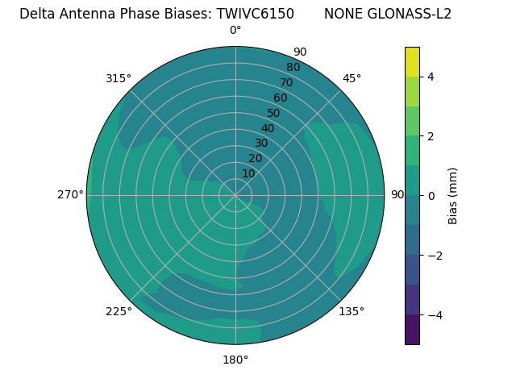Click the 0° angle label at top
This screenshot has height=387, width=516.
[235, 31]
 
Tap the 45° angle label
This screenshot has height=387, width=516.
[352, 78]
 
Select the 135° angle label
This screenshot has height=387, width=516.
[352, 311]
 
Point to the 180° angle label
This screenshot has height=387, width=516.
[235, 360]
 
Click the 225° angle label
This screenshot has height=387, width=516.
[119, 311]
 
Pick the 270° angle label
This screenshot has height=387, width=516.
[70, 194]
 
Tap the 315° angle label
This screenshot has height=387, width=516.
[119, 78]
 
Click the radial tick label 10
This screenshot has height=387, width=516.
[248, 173]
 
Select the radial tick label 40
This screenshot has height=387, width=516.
[268, 129]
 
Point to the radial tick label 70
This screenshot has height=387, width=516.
[286, 82]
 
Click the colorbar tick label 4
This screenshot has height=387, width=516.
[431, 77]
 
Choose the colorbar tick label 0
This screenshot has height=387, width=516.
[431, 195]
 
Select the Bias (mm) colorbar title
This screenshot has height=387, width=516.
[453, 195]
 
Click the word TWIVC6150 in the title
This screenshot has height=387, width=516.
[260, 14]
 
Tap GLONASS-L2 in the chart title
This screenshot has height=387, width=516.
[409, 14]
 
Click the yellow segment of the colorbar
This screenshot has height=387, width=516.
[412, 61]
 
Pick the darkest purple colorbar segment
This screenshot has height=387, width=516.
[412, 329]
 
